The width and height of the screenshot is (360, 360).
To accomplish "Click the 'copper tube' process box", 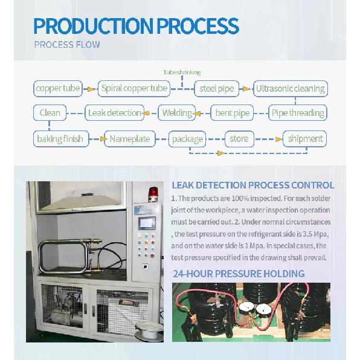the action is click(58, 89).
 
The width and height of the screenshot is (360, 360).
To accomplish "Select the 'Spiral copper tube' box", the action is click(134, 89).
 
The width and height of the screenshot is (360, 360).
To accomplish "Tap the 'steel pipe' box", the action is click(217, 89).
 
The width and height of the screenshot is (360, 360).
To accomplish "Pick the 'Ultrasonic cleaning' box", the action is click(291, 89).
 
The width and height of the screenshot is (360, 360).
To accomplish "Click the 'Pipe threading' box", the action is click(298, 113).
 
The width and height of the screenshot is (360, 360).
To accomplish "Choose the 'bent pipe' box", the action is click(232, 113).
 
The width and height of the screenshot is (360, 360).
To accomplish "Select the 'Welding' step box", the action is click(177, 113).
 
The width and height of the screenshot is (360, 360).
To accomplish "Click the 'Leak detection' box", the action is click(115, 113).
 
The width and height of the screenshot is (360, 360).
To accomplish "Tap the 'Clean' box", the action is click(50, 113).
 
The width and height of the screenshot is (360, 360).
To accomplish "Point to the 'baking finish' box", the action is click(61, 139).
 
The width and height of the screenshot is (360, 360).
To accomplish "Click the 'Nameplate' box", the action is click(130, 139).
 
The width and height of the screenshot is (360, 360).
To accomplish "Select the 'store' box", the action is click(239, 139).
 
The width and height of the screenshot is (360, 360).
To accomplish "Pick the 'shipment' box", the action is click(304, 139).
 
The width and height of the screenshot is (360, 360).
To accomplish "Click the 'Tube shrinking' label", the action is click(182, 72).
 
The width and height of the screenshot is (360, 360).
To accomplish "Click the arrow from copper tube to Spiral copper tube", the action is click(89, 89).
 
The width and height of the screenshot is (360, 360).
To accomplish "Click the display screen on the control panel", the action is click(147, 223).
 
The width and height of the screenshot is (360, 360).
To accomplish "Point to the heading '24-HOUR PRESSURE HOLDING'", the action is click(239, 274).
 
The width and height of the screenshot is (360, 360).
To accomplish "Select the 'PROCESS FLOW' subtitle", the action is click(67, 45).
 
